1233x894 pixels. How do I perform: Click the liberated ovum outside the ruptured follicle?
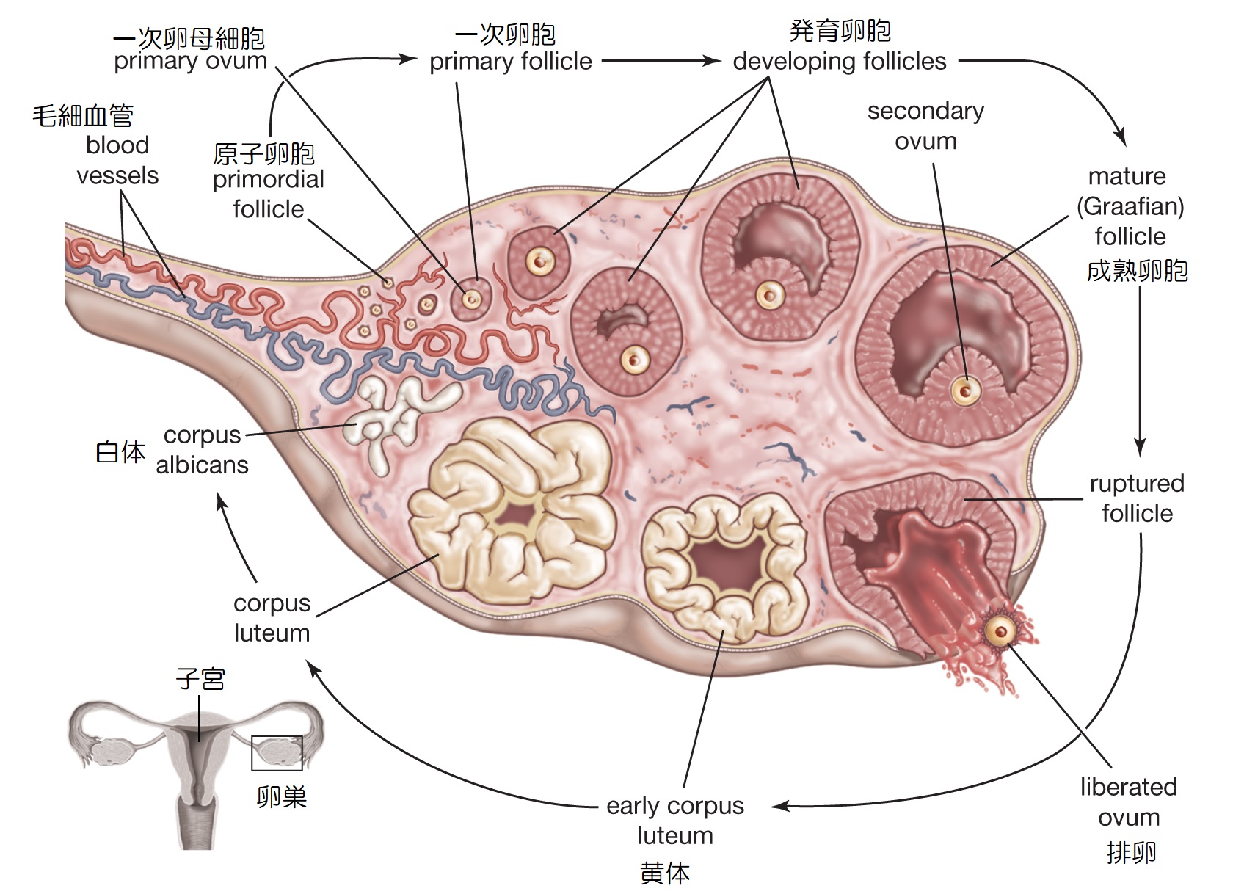pyautogui.click(x=1000, y=630)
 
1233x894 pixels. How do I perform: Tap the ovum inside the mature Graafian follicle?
pyautogui.click(x=966, y=390)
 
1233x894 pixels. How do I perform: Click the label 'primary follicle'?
pyautogui.click(x=510, y=62)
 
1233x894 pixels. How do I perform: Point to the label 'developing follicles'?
pyautogui.click(x=839, y=62)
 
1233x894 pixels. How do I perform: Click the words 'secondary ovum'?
pyautogui.click(x=925, y=126)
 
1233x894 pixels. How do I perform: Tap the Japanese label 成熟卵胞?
pyautogui.click(x=1137, y=271)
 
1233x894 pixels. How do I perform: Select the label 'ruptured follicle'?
pyautogui.click(x=1137, y=498)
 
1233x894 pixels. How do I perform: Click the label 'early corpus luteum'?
pyautogui.click(x=674, y=820)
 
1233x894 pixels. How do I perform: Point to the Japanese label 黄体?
pyautogui.click(x=665, y=873)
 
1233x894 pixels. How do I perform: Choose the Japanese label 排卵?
pyautogui.click(x=1131, y=852)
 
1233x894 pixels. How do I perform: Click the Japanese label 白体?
pyautogui.click(x=120, y=452)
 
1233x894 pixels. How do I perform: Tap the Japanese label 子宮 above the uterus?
pyautogui.click(x=200, y=678)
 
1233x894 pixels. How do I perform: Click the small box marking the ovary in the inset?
pyautogui.click(x=277, y=753)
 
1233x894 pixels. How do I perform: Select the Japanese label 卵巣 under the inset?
pyautogui.click(x=282, y=796)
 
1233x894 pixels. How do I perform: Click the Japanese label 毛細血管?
pyautogui.click(x=83, y=115)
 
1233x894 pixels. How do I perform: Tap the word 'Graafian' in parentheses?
pyautogui.click(x=1130, y=206)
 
